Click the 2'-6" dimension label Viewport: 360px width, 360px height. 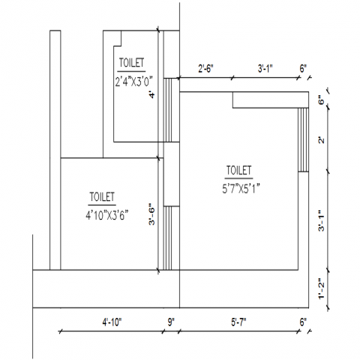[x=205, y=68]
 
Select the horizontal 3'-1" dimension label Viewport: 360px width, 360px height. [x=265, y=68]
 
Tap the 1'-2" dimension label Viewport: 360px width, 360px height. [x=321, y=289]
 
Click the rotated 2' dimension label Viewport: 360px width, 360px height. [x=321, y=140]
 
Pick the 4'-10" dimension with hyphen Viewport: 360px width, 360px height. [x=112, y=322]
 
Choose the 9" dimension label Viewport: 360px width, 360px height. [x=171, y=322]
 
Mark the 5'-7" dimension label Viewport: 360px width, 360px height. [x=238, y=322]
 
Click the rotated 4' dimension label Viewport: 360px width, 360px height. [x=151, y=95]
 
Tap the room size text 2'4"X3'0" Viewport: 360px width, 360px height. [x=133, y=82]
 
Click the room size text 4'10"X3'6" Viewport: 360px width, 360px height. [x=107, y=215]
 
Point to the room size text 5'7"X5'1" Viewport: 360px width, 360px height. [x=241, y=189]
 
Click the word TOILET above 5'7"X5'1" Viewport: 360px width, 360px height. [x=238, y=170]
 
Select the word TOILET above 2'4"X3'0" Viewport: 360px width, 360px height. [x=131, y=63]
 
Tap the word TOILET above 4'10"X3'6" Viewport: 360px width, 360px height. [x=102, y=197]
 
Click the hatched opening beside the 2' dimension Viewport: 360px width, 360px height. [x=303, y=139]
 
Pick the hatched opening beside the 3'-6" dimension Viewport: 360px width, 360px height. [x=167, y=238]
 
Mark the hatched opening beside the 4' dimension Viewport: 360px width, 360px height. [x=167, y=110]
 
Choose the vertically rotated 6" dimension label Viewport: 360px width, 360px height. [x=321, y=100]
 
